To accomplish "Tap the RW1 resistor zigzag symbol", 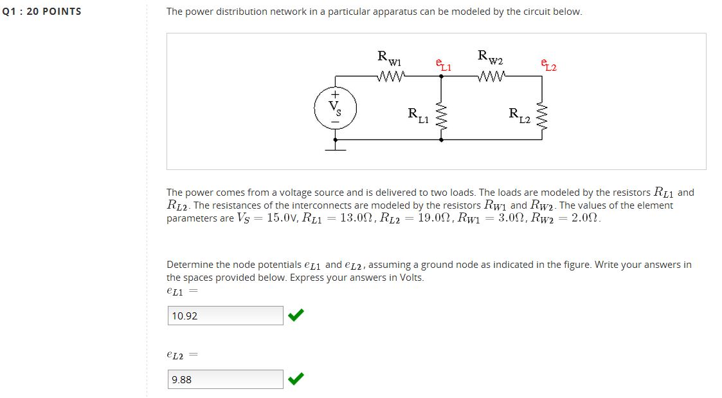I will point(392,77).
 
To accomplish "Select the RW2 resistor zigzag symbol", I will point(492,77).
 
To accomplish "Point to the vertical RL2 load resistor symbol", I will point(541,115).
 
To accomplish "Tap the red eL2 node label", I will point(549,65).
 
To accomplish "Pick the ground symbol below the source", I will point(335,149).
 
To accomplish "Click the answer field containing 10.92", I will point(225,316).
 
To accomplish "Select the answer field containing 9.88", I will point(225,379).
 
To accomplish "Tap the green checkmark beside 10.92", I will point(296,315).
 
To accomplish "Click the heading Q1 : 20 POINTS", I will point(42,12).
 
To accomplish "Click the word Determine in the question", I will point(190,265).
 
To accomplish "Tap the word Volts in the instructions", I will point(408,278).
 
